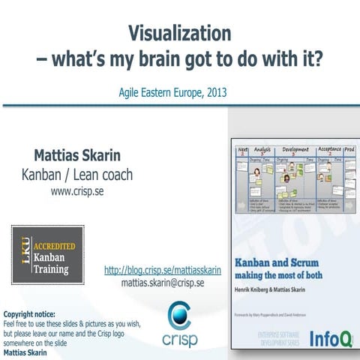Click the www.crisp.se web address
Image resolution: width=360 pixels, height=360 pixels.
coord(77,191)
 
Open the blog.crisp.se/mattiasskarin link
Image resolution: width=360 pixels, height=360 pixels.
coord(162,270)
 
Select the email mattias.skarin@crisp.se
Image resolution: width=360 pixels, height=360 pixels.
coord(162,283)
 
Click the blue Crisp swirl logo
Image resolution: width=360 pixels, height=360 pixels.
coord(180,315)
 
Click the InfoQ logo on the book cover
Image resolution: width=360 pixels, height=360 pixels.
coord(328,337)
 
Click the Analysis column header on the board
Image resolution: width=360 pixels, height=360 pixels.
coord(261,149)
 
